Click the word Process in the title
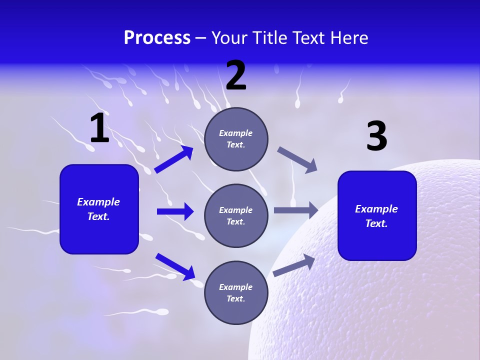pyautogui.click(x=157, y=38)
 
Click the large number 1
pyautogui.click(x=99, y=128)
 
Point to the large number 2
pyautogui.click(x=236, y=75)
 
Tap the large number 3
pyautogui.click(x=376, y=136)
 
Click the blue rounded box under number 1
pyautogui.click(x=99, y=209)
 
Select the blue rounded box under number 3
pyautogui.click(x=377, y=216)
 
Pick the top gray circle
pyautogui.click(x=236, y=139)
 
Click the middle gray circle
pyautogui.click(x=236, y=215)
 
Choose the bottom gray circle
pyautogui.click(x=236, y=292)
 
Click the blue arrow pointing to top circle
pyautogui.click(x=174, y=159)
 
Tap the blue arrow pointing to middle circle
pyautogui.click(x=175, y=211)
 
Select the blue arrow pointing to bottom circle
pyautogui.click(x=175, y=266)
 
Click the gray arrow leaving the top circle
pyautogui.click(x=297, y=160)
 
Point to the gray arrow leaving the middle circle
pyautogui.click(x=296, y=210)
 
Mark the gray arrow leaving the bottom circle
pyautogui.click(x=294, y=265)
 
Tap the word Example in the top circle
pyautogui.click(x=236, y=133)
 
